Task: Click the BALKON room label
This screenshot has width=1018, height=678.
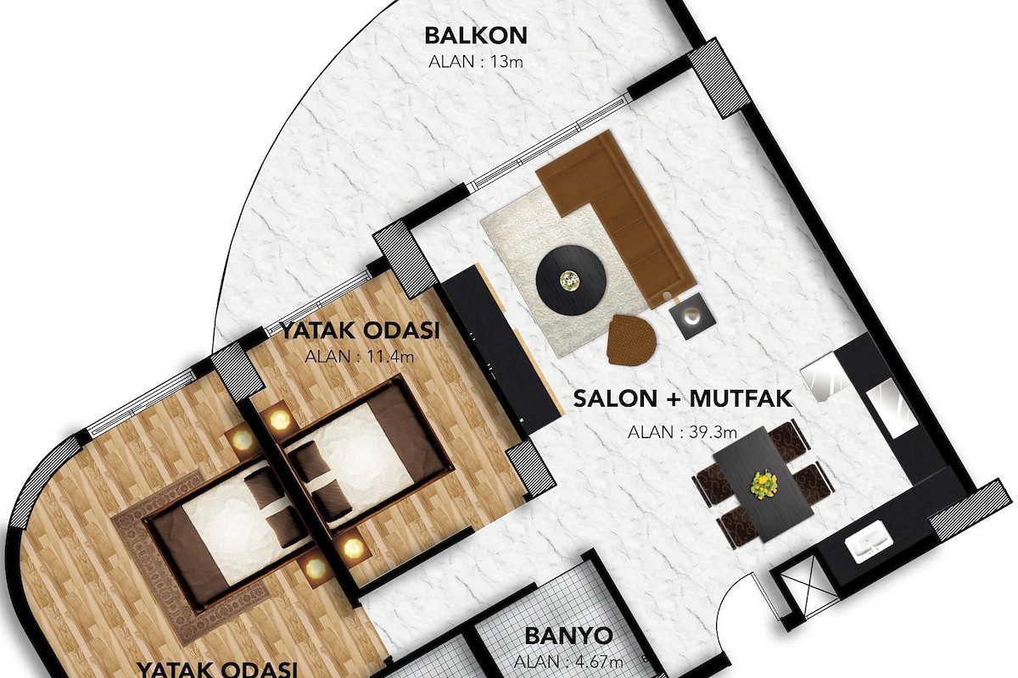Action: (476, 36)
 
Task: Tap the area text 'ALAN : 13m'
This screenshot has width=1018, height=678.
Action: (476, 62)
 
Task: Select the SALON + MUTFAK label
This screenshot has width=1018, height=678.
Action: (683, 398)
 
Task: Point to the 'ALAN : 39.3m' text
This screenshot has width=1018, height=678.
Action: (682, 432)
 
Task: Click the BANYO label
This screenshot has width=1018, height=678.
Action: (568, 636)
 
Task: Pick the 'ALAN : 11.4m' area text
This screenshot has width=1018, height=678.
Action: (359, 357)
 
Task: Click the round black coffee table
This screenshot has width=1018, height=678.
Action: (571, 280)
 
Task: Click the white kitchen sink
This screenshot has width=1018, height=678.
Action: (869, 542)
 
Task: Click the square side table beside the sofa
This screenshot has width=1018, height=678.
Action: (692, 315)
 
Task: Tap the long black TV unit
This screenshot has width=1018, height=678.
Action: (500, 350)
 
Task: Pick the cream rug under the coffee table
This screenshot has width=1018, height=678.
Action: (563, 273)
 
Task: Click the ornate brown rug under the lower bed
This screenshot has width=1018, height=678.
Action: (191, 559)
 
